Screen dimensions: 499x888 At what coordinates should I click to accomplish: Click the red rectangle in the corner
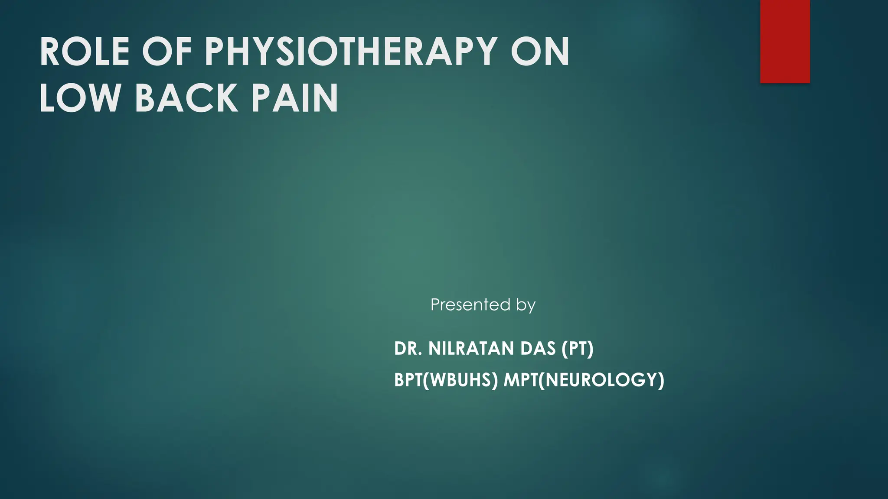click(785, 41)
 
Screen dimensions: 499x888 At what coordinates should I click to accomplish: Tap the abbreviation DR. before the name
click(408, 349)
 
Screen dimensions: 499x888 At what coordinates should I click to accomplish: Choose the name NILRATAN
click(470, 349)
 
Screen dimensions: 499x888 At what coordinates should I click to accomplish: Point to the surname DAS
click(538, 349)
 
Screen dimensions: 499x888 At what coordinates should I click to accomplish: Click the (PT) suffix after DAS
click(578, 349)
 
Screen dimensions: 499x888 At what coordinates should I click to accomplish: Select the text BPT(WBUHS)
click(446, 380)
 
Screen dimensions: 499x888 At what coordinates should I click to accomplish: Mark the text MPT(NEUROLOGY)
click(584, 380)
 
